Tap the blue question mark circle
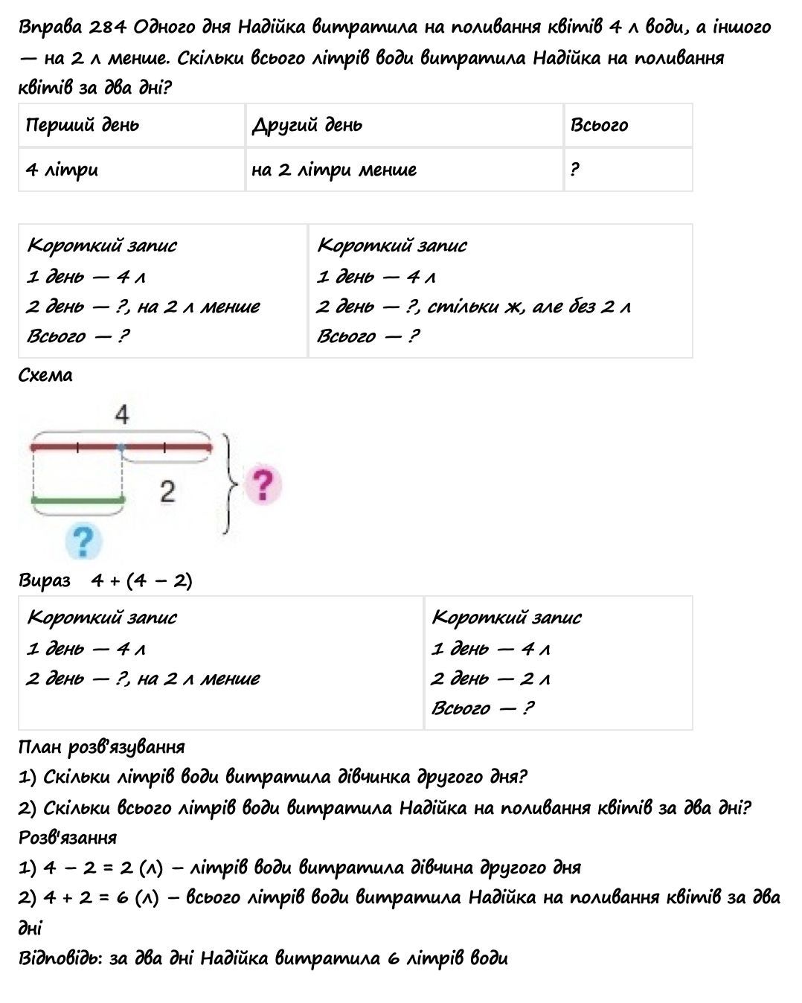(83, 540)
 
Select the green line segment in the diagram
(77, 500)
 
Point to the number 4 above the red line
(122, 414)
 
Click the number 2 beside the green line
(167, 491)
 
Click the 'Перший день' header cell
(132, 125)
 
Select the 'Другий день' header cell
(404, 125)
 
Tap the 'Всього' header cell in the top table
(628, 125)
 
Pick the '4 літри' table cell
(132, 170)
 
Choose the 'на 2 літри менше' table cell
(404, 170)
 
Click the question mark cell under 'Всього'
(628, 170)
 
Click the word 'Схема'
(45, 376)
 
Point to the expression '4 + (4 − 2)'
(141, 580)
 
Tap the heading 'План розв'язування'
(101, 746)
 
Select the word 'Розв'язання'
(68, 837)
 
